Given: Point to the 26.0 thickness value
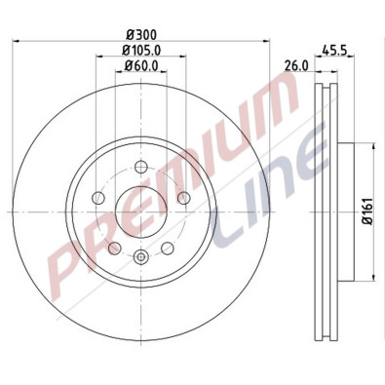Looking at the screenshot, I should click(296, 65).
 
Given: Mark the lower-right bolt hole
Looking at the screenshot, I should click(167, 247).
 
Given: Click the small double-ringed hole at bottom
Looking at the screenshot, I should click(141, 257).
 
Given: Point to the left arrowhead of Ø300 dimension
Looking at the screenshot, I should click(21, 41).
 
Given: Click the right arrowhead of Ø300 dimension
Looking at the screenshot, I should click(262, 41).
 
